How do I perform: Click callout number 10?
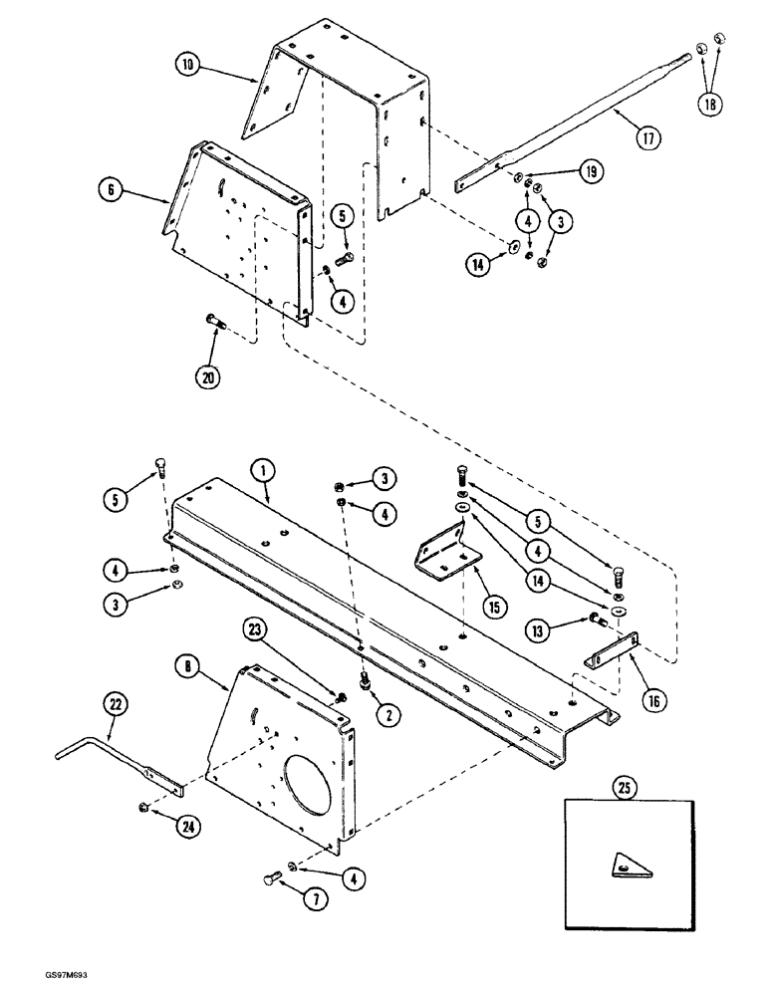click(188, 67)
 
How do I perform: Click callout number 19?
click(591, 173)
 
